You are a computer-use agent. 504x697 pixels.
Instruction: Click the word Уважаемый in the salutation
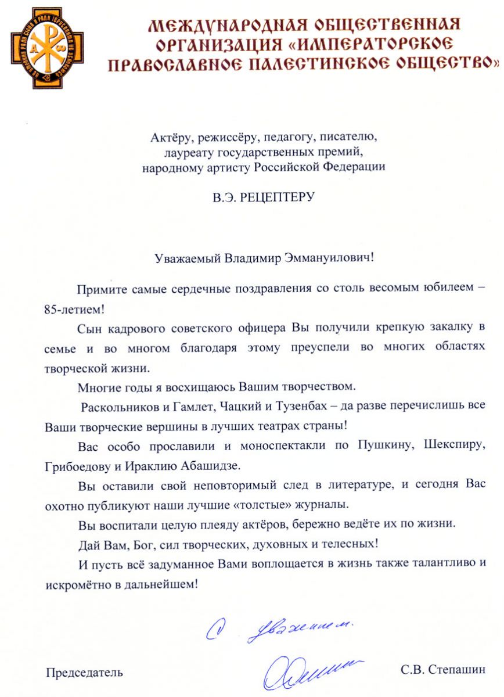(186, 257)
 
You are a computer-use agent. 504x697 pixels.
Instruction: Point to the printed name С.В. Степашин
(442, 670)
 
